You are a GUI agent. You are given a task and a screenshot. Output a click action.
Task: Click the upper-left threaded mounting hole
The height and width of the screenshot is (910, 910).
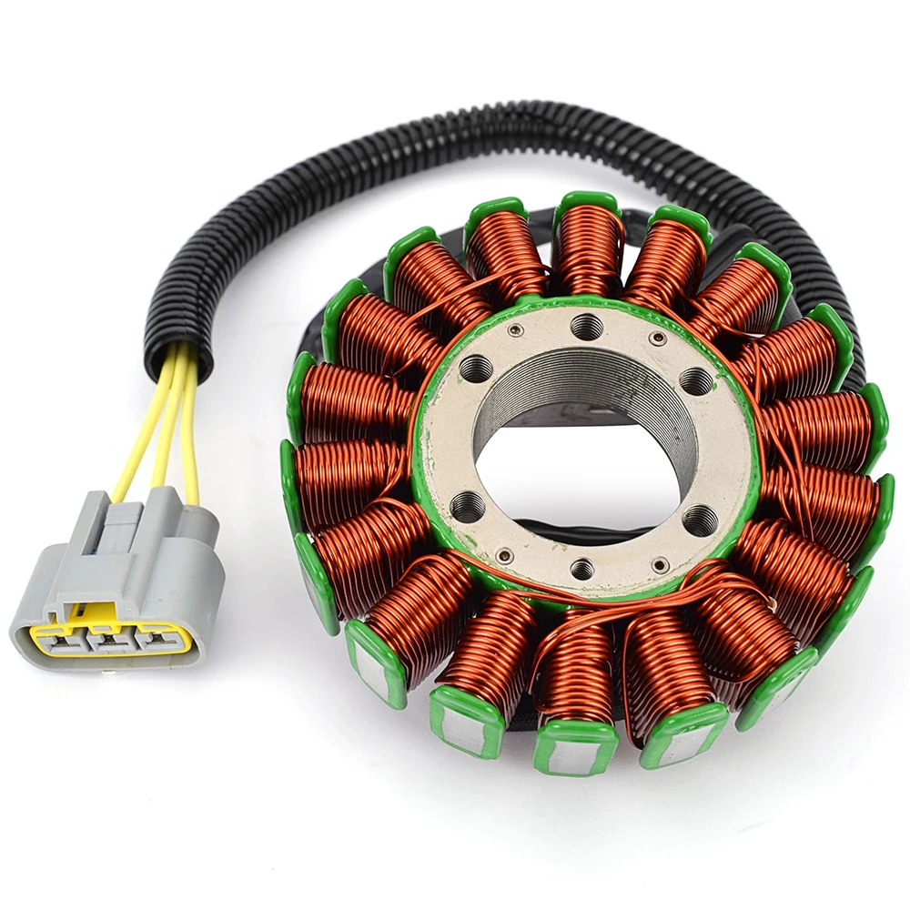point(475,369)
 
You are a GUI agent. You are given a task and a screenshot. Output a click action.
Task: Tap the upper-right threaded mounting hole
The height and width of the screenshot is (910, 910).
point(695,380)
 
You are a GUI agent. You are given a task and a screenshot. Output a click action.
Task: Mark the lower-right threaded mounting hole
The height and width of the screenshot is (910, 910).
point(699,520)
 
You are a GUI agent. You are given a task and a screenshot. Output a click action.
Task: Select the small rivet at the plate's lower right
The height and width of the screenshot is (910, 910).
point(660,564)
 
